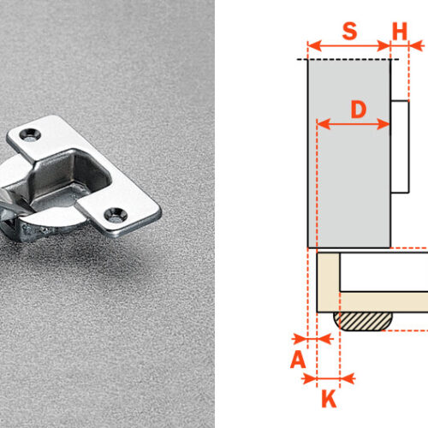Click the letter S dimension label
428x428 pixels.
pos(349,31)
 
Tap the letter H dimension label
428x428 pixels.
pos(400,31)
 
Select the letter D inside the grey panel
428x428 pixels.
pos(359,110)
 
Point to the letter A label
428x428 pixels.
pos(298,360)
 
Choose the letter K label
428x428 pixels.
pos(329,399)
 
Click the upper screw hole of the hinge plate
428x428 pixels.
pos(30,134)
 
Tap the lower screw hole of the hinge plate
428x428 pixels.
pos(116,215)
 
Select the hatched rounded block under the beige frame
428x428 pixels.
pos(363,321)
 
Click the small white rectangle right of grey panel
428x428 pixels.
pos(400,146)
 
